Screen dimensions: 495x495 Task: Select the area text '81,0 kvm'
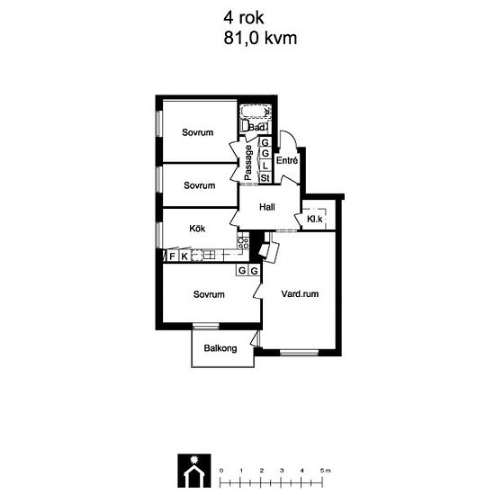point(259,39)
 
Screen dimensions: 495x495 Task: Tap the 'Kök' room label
point(198,229)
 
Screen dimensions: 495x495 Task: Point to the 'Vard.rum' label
point(300,293)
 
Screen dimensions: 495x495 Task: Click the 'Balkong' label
point(220,348)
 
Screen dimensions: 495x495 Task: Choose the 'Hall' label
point(266,208)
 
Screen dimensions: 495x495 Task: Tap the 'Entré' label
point(287,160)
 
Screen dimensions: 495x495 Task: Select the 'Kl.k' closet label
point(315,219)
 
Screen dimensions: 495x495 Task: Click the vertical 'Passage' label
point(248,162)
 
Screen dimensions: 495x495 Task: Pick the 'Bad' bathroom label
point(257,128)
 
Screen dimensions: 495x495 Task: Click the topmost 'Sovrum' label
point(198,132)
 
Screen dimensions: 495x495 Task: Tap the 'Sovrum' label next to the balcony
point(209,294)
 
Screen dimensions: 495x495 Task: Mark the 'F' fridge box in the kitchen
point(172,256)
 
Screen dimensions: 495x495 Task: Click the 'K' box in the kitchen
point(184,256)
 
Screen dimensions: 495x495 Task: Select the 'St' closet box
point(265,178)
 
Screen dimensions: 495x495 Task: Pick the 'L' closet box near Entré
point(265,166)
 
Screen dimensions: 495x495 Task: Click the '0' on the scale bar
point(220,471)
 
